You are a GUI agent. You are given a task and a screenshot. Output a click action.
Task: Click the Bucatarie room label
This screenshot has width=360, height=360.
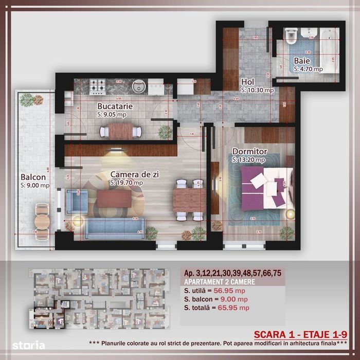tap(115, 106)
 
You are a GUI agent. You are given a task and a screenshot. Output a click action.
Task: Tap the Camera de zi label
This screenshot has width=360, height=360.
tap(134, 174)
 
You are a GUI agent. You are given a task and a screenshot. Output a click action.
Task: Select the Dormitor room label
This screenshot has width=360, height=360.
tap(249, 152)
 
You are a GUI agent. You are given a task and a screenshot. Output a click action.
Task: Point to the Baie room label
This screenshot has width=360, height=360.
tap(301, 61)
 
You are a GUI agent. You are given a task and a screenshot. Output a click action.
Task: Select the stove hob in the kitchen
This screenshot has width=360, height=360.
tap(98, 86)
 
